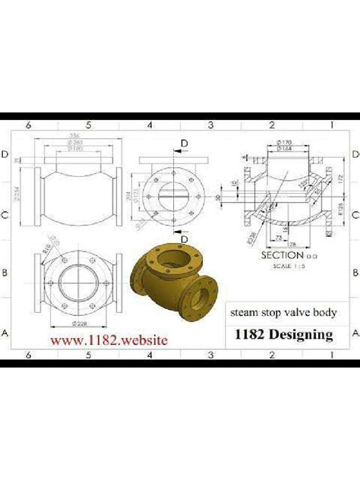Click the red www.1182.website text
tap(109, 342)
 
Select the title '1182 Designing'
tap(284, 333)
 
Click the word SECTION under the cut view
tap(282, 255)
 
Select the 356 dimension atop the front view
tap(76, 136)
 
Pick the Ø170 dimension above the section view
tap(286, 141)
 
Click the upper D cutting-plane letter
tap(185, 142)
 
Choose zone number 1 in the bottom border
tap(331, 355)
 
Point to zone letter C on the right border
tap(353, 215)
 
